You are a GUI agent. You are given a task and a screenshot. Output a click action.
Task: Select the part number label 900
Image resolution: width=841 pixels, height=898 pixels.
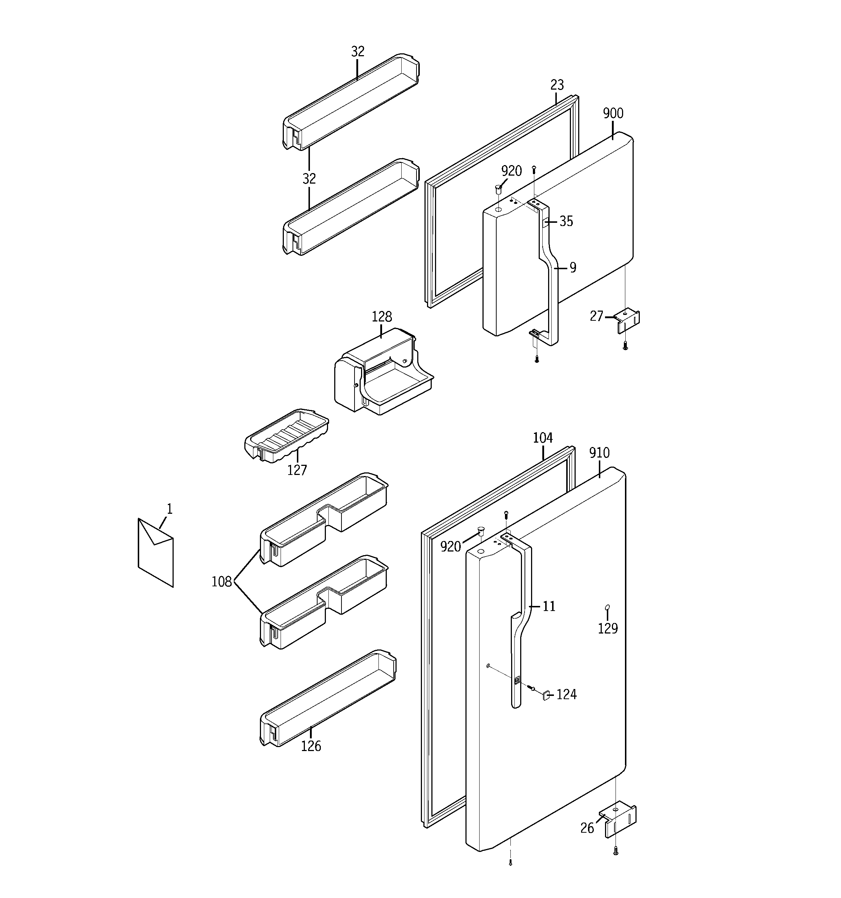click(x=613, y=113)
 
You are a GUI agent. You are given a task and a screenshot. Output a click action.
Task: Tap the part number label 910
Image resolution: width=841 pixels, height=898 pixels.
click(x=599, y=452)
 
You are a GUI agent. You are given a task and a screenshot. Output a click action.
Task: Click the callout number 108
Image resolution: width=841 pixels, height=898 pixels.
click(x=221, y=582)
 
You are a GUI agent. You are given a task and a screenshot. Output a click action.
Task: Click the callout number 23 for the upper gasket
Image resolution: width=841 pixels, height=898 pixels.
click(x=557, y=85)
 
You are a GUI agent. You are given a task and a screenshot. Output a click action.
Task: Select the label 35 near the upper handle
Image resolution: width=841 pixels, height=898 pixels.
click(x=566, y=221)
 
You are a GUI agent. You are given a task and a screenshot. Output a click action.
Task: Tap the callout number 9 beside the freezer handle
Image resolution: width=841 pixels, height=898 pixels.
click(x=572, y=268)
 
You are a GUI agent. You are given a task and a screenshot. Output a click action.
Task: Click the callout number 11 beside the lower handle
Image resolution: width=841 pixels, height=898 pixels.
click(x=548, y=606)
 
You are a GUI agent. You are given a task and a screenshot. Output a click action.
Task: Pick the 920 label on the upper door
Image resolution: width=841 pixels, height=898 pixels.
click(x=511, y=171)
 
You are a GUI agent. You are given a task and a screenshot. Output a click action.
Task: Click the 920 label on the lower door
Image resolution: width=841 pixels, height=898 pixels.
click(x=451, y=547)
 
